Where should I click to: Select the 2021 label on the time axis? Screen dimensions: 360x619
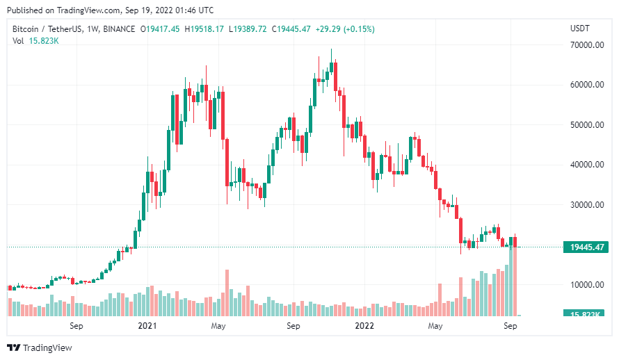coord(147,325)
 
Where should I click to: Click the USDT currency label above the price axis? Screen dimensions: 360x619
coord(579,28)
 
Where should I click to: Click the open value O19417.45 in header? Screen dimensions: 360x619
coord(160,28)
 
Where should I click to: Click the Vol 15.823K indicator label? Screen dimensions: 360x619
coord(35,40)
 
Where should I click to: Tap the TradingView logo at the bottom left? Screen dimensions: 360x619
coord(40,347)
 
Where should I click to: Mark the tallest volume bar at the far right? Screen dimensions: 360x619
coord(515,278)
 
